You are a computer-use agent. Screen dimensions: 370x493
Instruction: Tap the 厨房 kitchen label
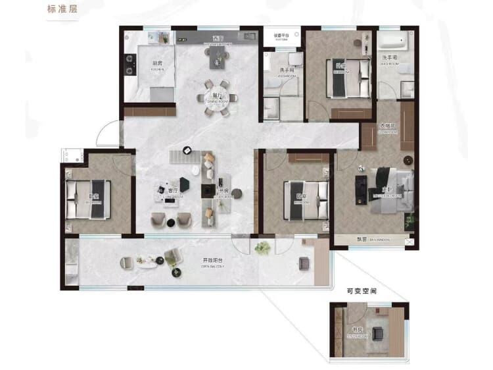tap(156, 64)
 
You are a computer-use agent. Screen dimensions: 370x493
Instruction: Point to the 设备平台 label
tap(282, 35)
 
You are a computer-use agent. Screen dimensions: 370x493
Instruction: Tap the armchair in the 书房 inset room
tap(378, 333)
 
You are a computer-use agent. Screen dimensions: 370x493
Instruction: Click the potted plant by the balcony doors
tap(264, 248)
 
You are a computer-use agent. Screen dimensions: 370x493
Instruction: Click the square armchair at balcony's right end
tap(304, 263)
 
